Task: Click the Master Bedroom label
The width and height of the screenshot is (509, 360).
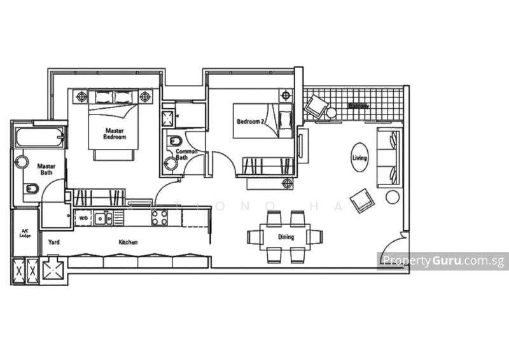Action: click(x=115, y=133)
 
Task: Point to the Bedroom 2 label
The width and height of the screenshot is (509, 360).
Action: click(x=249, y=120)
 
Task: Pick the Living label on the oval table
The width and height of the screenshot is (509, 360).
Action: click(x=360, y=157)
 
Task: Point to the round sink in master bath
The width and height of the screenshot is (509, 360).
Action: click(x=21, y=162)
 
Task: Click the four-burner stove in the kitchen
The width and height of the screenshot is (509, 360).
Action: click(x=159, y=217)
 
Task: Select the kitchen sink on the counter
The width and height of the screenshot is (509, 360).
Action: click(x=100, y=218)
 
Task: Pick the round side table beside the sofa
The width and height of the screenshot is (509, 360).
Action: click(x=392, y=197)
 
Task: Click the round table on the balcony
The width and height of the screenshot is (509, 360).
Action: click(x=331, y=113)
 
